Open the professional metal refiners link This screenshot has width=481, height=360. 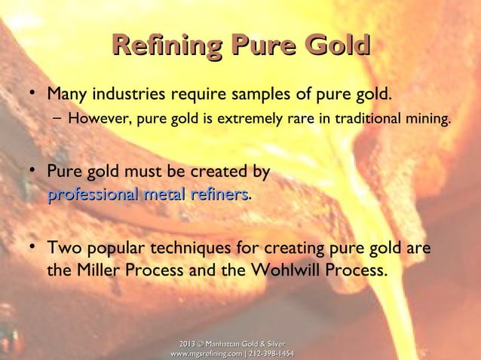148,195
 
